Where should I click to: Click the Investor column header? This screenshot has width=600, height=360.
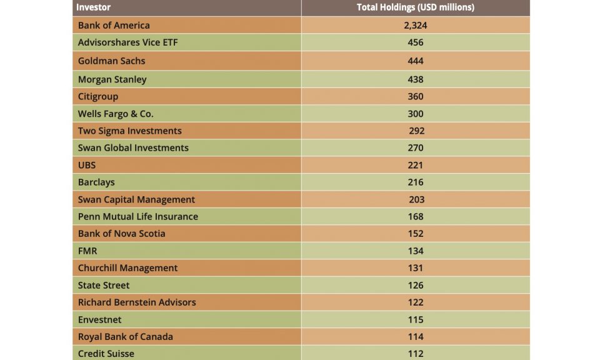pos(93,7)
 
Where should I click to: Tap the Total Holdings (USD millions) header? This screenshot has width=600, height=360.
pos(415,7)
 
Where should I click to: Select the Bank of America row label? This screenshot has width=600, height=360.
pos(114,26)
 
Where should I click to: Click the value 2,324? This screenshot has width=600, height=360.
pos(415,26)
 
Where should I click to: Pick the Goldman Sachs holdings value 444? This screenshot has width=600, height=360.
pos(415,61)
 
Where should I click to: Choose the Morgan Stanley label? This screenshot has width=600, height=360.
pos(112,79)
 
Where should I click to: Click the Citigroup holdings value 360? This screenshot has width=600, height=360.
pos(415,96)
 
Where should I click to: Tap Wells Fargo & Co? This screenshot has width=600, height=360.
pos(116,114)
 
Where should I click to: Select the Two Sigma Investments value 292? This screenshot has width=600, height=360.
pos(416,131)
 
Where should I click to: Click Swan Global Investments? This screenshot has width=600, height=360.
pos(133,147)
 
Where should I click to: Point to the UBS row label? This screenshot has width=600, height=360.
pos(87,165)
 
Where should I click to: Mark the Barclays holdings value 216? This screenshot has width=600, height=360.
pos(415,182)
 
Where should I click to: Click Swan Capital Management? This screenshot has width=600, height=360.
pos(136,199)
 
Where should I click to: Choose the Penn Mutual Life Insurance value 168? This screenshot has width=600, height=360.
pos(415,216)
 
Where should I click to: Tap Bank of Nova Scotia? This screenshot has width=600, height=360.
pos(122,233)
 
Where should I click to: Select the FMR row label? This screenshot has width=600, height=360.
pos(88,251)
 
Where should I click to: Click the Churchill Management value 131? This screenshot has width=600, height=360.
pos(415,267)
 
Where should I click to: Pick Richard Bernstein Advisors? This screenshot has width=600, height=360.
pos(137,302)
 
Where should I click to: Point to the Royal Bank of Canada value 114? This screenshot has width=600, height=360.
pos(415,336)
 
